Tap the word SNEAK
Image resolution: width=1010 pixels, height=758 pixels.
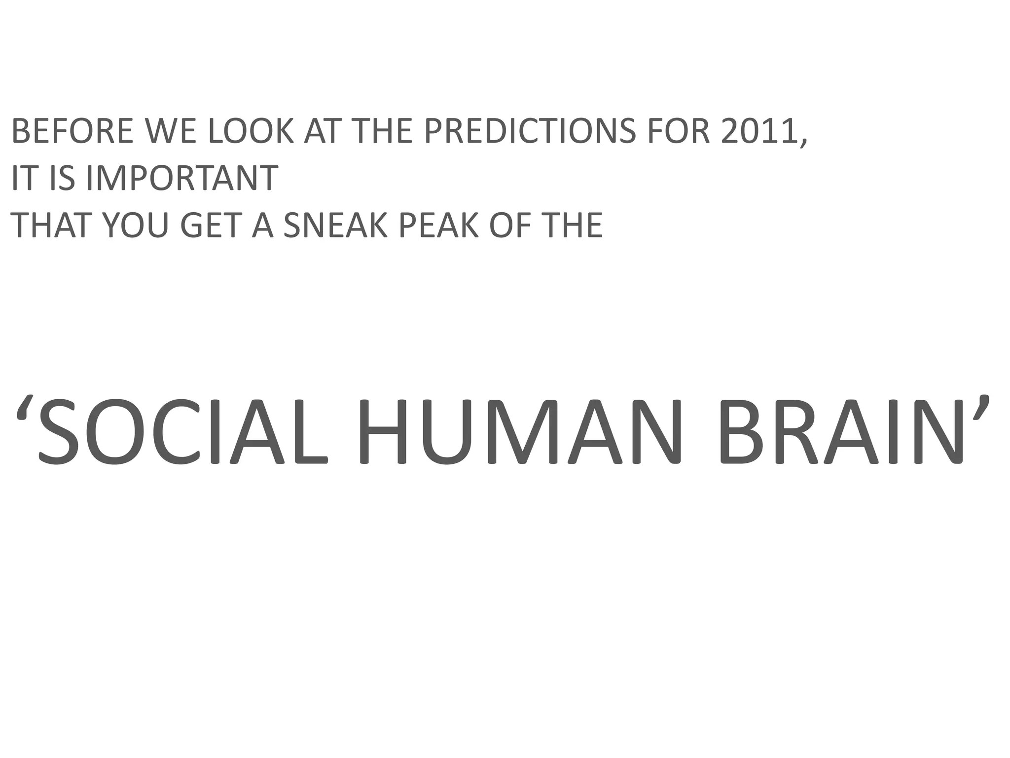337,225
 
